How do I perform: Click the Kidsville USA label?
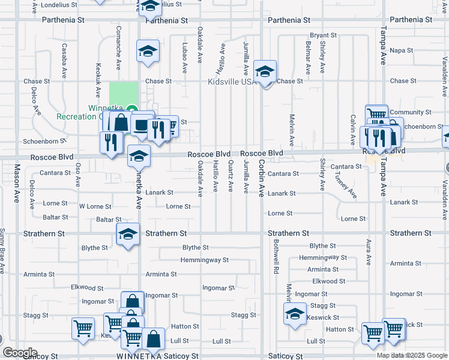pos(231,82)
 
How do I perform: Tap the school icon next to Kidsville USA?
pos(265,73)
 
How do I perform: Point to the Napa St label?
pos(402,50)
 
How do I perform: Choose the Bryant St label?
pos(322,35)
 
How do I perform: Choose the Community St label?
pos(411,112)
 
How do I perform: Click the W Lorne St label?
pos(95,206)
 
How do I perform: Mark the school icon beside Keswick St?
pos(295,313)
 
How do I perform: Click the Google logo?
pos(19,353)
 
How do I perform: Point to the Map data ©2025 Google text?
pos(412,355)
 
